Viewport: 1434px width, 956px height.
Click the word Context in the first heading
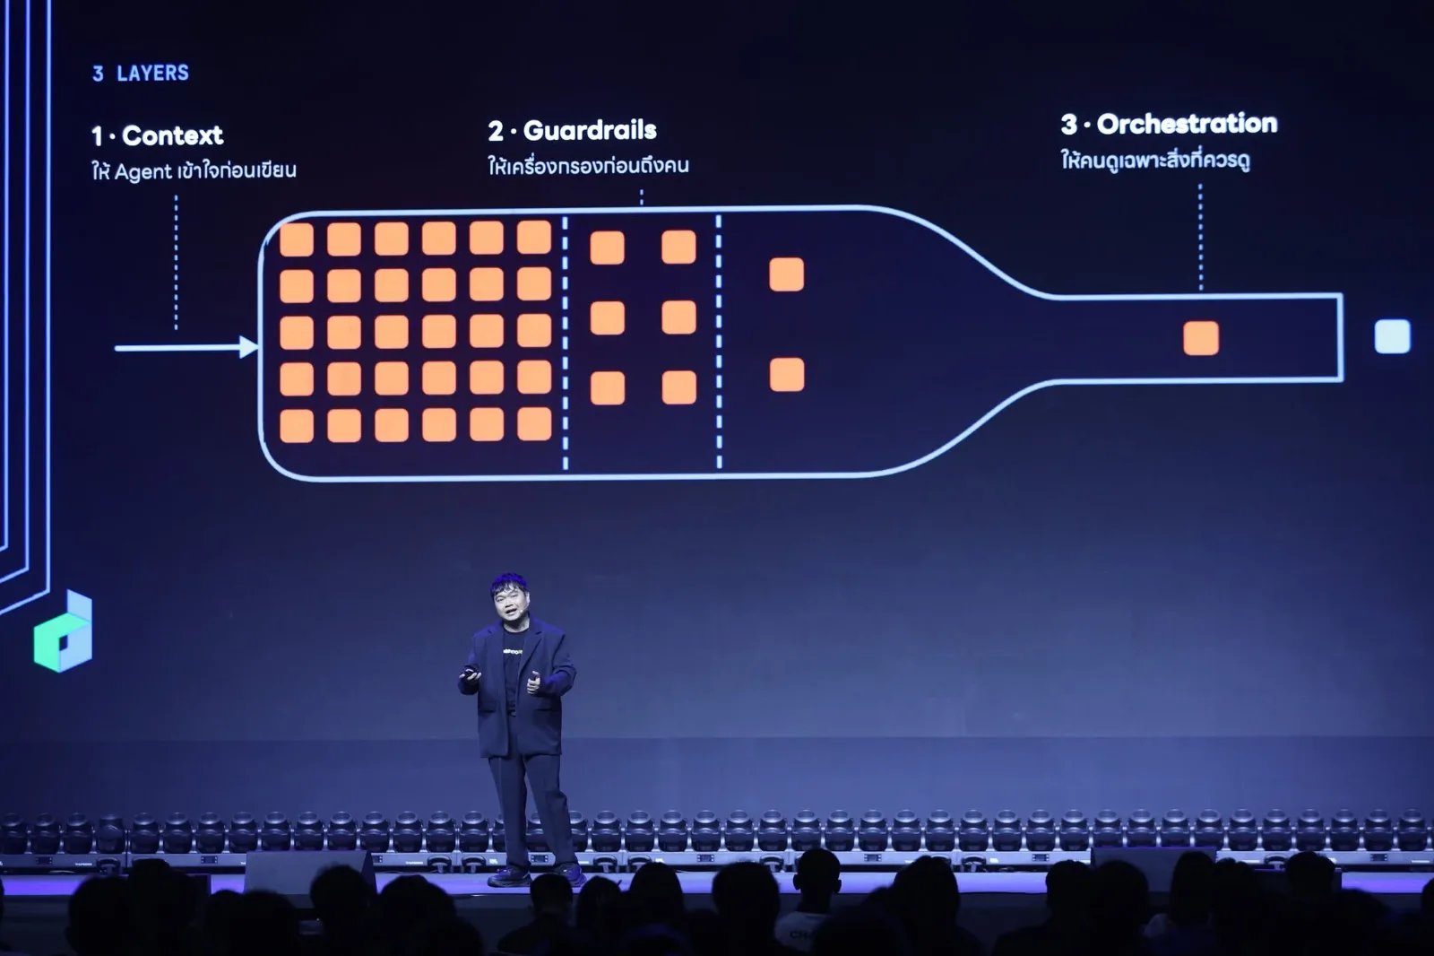[172, 135]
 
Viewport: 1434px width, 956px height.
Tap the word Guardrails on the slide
[590, 130]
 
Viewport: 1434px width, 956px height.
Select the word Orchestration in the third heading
[1187, 124]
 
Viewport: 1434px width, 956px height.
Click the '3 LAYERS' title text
[141, 73]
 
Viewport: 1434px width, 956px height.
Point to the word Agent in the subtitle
[143, 171]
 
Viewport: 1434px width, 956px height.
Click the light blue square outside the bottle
[1393, 336]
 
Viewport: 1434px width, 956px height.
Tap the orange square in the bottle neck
[1201, 338]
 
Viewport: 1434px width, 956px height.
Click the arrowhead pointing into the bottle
[248, 347]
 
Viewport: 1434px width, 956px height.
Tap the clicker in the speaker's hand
[471, 672]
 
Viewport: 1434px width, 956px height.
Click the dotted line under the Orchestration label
[1200, 237]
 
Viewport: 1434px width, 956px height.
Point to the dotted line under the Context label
[176, 263]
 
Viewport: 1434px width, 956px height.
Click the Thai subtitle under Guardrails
[588, 165]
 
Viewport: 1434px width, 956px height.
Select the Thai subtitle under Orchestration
[1155, 160]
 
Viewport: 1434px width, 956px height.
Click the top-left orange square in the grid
[297, 239]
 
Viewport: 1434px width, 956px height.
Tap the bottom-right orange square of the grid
[534, 424]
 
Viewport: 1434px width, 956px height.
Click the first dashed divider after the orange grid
[565, 343]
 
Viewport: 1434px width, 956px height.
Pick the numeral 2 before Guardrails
[496, 131]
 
